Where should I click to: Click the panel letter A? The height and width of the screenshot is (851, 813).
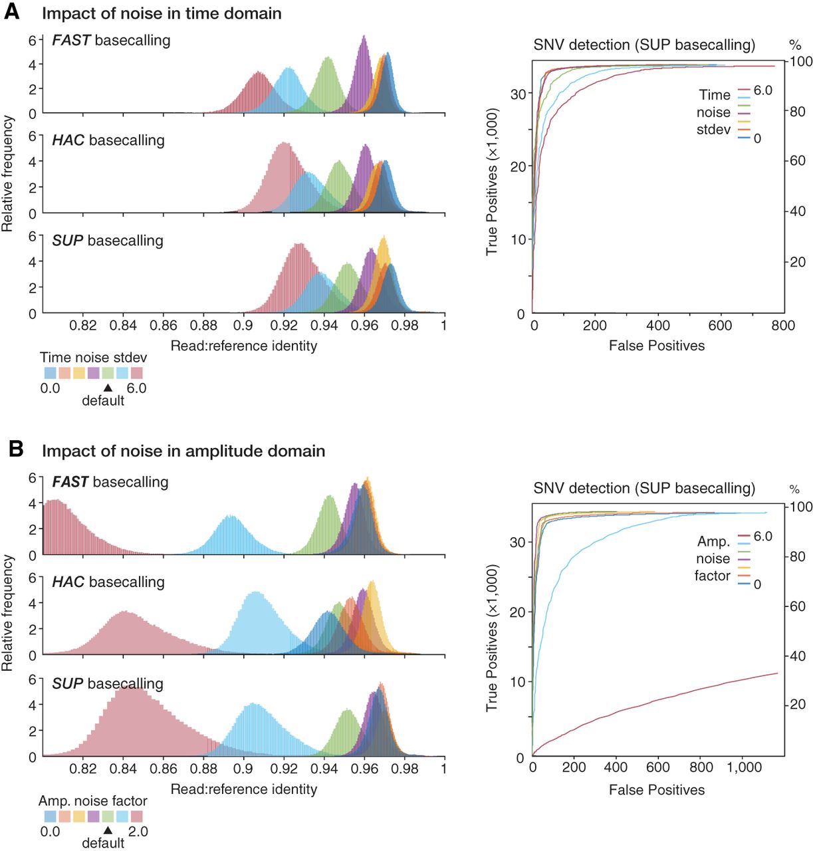[12, 12]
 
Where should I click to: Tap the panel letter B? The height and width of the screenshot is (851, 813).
[16, 449]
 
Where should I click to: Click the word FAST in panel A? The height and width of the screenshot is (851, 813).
[71, 41]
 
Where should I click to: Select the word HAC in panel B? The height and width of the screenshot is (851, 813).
[68, 582]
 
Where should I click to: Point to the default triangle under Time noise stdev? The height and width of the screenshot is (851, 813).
[108, 388]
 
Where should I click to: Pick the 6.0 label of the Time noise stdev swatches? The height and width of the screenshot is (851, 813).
[136, 388]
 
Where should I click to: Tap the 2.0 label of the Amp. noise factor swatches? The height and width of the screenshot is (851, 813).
[138, 831]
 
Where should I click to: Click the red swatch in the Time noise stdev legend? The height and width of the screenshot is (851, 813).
[137, 373]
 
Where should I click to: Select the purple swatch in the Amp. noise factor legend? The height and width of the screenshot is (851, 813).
[94, 816]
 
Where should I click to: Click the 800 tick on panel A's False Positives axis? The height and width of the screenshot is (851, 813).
[783, 326]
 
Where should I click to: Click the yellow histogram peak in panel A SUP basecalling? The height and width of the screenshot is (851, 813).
[384, 237]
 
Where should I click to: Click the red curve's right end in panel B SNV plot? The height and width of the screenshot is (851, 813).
[777, 673]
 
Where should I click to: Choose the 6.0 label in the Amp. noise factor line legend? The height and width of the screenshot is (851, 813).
[763, 536]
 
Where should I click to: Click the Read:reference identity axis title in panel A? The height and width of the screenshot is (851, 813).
[243, 346]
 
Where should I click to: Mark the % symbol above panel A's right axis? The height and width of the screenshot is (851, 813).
[795, 45]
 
